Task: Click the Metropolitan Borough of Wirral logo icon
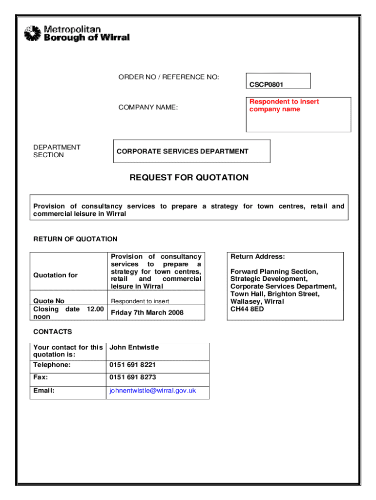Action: point(32,33)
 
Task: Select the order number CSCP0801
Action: point(267,84)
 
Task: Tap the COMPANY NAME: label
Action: point(148,107)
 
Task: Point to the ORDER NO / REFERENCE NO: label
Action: point(168,77)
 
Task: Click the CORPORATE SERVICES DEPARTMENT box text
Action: point(182,151)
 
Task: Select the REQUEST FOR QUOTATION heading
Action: point(189,178)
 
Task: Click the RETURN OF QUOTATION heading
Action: point(75,239)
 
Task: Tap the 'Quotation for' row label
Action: point(55,275)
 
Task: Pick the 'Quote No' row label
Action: point(49,301)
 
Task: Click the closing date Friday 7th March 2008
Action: point(147,312)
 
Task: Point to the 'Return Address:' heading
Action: point(257,257)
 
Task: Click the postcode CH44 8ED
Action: point(247,309)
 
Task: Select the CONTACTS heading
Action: point(52,332)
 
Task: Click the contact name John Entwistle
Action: point(134,348)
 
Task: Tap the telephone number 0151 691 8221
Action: point(133,365)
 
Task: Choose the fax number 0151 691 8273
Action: point(133,377)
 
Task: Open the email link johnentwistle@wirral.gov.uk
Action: point(152,391)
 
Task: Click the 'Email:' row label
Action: point(43,391)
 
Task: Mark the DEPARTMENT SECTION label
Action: point(57,151)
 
